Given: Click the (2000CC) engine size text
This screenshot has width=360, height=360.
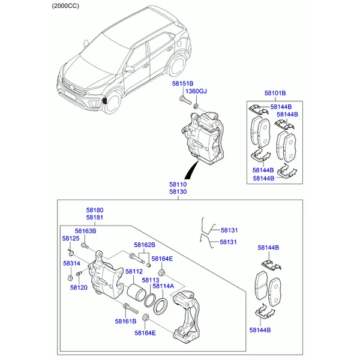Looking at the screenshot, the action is tap(65, 6).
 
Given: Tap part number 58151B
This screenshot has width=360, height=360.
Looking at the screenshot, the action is tap(183, 83).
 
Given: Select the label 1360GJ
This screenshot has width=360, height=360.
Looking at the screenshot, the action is tap(196, 91).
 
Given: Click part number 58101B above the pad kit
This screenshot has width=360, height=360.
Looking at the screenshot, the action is tap(275, 93).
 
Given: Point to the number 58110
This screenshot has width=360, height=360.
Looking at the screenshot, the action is tap(178, 184).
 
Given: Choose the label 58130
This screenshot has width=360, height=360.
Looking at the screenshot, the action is tap(178, 192).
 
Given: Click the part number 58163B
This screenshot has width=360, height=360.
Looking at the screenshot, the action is tap(85, 231).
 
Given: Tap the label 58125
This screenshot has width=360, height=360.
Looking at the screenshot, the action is tap(71, 239).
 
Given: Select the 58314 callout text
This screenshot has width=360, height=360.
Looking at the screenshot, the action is tap(71, 263).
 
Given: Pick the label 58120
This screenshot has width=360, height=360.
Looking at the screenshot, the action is tap(79, 287).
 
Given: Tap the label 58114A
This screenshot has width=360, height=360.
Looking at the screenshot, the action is tap(163, 286).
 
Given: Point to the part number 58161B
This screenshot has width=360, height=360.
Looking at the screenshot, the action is tap(125, 322).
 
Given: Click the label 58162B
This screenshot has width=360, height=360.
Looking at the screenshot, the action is tap(145, 245).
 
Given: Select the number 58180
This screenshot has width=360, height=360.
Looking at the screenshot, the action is tap(95, 210).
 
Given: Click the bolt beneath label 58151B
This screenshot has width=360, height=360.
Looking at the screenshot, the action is tap(185, 101).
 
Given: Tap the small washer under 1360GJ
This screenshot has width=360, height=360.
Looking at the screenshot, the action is tap(196, 106).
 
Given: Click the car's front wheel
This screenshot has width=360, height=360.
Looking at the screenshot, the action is tap(112, 103).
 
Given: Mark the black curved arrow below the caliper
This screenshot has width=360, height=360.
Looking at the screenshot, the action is tap(191, 170).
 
